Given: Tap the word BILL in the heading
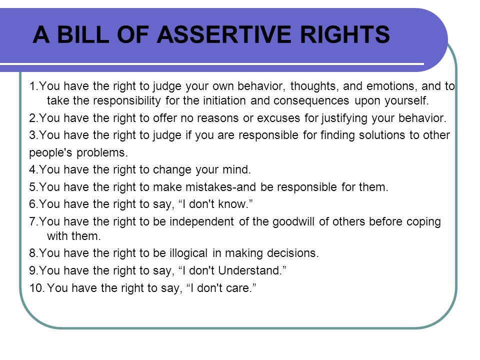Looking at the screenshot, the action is pyautogui.click(x=83, y=34).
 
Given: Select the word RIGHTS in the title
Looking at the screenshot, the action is pyautogui.click(x=345, y=34).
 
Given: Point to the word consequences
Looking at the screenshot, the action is pyautogui.click(x=311, y=100).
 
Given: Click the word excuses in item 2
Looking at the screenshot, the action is pyautogui.click(x=278, y=118).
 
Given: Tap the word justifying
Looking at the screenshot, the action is pyautogui.click(x=344, y=118).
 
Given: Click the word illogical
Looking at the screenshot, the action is pyautogui.click(x=188, y=253).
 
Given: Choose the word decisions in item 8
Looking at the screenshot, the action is pyautogui.click(x=293, y=253).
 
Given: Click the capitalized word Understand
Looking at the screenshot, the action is pyautogui.click(x=250, y=270).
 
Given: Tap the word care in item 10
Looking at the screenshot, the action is pyautogui.click(x=239, y=288).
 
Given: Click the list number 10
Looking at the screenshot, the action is pyautogui.click(x=37, y=288).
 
